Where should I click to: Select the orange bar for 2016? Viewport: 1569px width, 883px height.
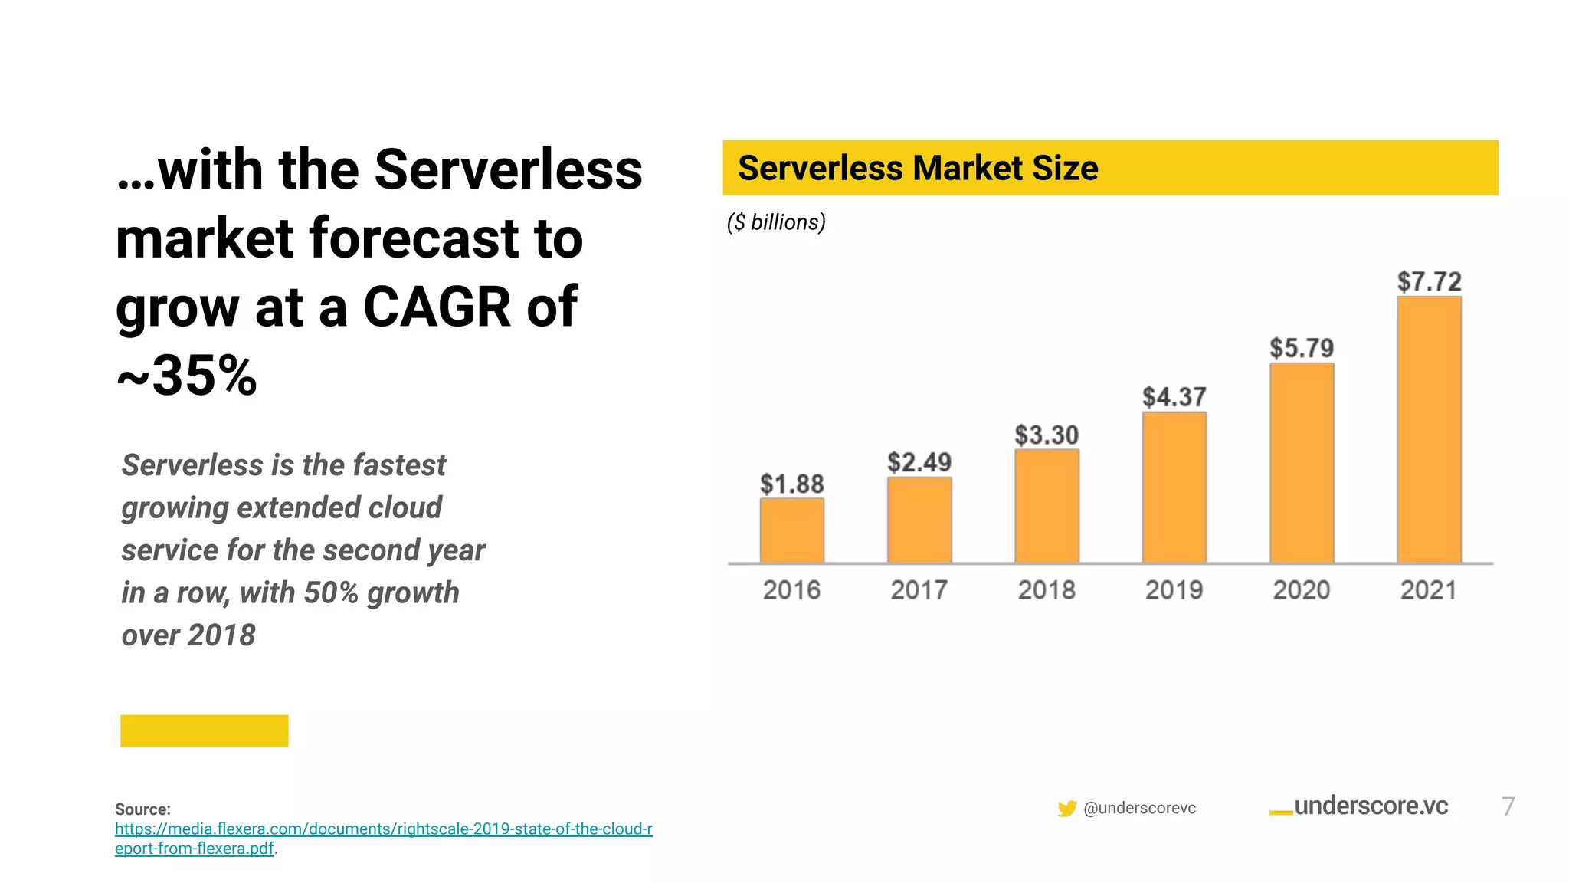point(792,530)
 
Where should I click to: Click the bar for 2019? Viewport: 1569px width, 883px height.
point(1174,487)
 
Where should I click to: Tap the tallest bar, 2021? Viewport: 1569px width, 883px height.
point(1429,429)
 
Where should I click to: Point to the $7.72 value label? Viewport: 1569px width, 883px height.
point(1429,281)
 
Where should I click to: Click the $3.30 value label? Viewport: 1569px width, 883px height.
point(1047,435)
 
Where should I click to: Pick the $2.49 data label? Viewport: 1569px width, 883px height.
point(919,462)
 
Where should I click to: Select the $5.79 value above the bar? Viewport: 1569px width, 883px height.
point(1302,348)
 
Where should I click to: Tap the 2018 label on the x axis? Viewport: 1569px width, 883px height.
point(1047,590)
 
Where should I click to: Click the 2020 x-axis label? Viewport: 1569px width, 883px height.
point(1302,590)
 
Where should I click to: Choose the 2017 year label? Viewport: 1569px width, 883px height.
point(919,590)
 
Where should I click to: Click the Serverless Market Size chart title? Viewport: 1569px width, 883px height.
point(918,168)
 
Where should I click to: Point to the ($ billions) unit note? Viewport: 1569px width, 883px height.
point(776,222)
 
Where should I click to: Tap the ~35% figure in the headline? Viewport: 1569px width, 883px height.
point(187,376)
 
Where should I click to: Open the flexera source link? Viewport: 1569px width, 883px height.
point(383,829)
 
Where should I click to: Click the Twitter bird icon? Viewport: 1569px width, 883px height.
point(1066,808)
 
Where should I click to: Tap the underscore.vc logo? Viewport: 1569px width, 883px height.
point(1359,806)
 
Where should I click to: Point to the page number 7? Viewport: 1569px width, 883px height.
point(1508,806)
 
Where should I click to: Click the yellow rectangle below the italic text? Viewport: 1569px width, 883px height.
point(205,730)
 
